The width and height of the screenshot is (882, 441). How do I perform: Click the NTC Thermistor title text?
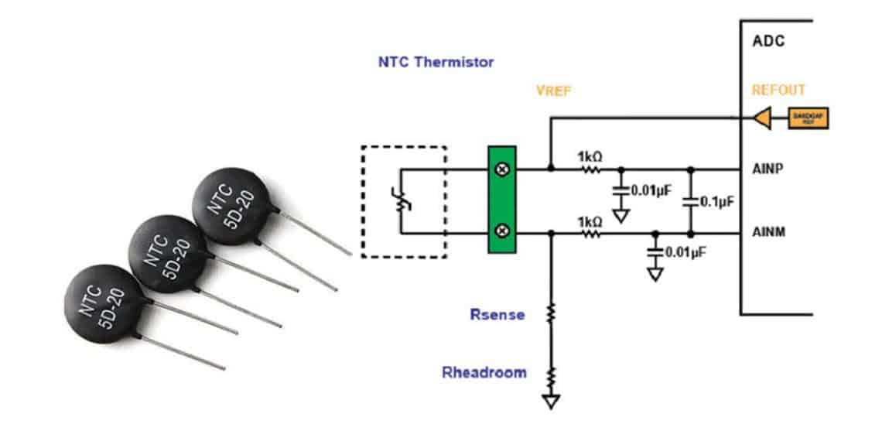436,63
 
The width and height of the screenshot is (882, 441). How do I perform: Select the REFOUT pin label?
778,90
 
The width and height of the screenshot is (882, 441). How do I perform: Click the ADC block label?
767,41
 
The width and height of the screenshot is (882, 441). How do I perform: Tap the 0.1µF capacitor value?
716,201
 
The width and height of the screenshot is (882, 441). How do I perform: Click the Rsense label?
497,315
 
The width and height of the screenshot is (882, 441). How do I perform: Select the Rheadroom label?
484,372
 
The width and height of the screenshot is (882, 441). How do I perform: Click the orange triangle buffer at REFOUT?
761,118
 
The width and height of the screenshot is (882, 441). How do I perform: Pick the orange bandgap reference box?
808,118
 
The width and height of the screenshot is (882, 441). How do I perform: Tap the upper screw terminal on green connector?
501,169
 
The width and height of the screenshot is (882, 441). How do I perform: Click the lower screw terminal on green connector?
501,231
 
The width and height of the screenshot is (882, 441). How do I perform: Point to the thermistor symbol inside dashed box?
402,200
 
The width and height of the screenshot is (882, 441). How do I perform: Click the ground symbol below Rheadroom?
551,402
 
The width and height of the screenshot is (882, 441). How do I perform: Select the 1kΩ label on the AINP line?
590,157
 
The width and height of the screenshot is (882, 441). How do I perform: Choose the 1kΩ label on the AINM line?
590,221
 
